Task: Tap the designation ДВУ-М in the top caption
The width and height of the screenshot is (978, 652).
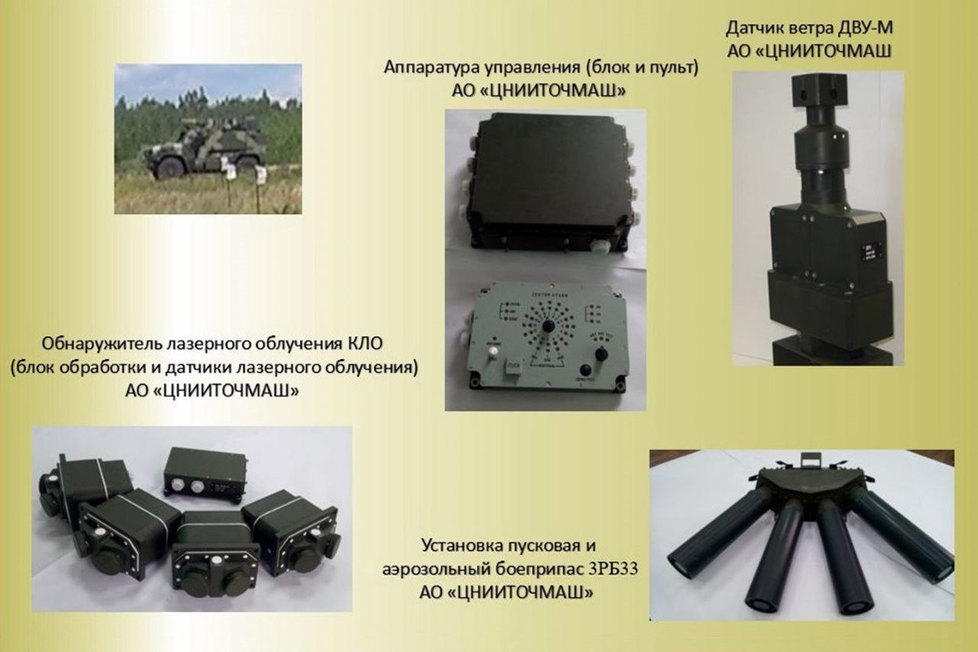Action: [858, 29]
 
